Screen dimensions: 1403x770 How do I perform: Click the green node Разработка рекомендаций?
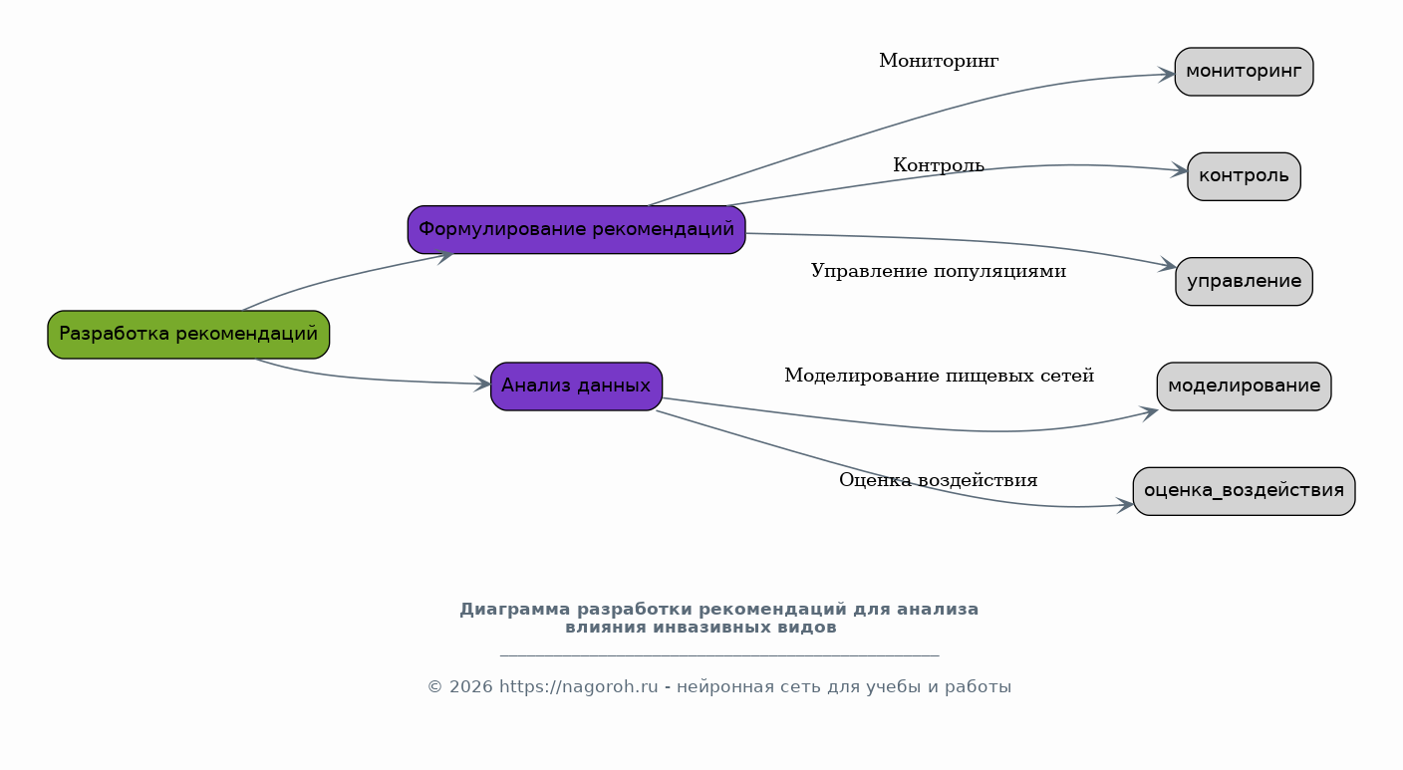pyautogui.click(x=188, y=335)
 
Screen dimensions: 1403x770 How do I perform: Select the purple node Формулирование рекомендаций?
pyautogui.click(x=576, y=230)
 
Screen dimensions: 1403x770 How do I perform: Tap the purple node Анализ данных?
pyautogui.click(x=576, y=386)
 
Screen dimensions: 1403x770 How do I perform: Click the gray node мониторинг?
pyautogui.click(x=1244, y=72)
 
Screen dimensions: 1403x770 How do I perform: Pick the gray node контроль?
pyautogui.click(x=1244, y=176)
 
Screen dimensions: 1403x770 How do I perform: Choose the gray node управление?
pyautogui.click(x=1244, y=282)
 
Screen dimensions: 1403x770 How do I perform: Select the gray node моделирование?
pyautogui.click(x=1244, y=386)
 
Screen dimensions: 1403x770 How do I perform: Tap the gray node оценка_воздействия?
pyautogui.click(x=1244, y=491)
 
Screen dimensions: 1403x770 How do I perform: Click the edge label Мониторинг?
pyautogui.click(x=939, y=61)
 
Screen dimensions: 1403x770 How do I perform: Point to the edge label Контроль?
pyautogui.click(x=939, y=165)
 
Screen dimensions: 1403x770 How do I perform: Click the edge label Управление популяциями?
pyautogui.click(x=939, y=271)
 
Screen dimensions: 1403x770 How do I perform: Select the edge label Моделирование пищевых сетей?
pyautogui.click(x=939, y=376)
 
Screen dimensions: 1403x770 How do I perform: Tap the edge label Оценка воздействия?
pyautogui.click(x=939, y=480)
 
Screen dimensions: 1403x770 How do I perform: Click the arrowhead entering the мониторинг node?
pyautogui.click(x=1166, y=75)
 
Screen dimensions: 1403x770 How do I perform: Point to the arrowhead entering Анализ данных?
pyautogui.click(x=482, y=384)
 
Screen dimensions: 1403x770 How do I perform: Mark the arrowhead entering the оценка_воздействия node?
pyautogui.click(x=1126, y=505)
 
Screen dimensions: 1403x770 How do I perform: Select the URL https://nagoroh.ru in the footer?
pyautogui.click(x=579, y=686)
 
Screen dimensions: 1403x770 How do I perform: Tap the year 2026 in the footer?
pyautogui.click(x=471, y=686)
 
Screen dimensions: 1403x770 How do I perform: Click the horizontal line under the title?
pyautogui.click(x=719, y=655)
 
